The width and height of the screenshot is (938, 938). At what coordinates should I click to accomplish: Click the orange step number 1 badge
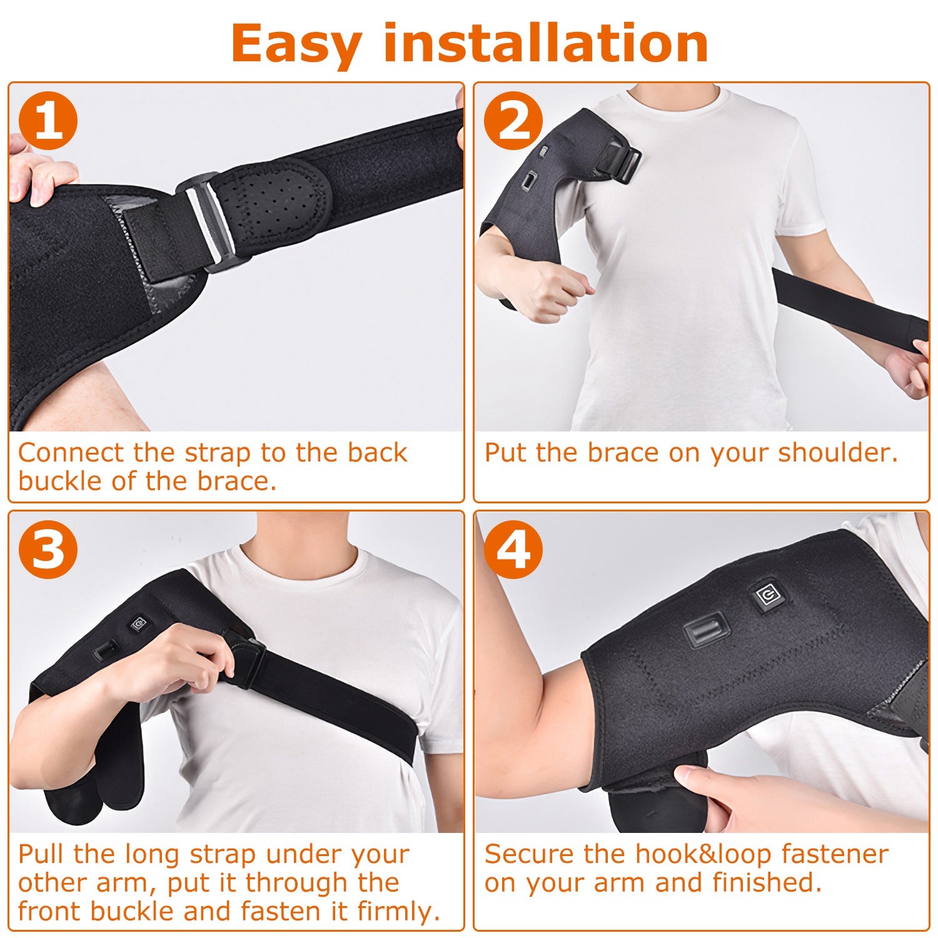(48, 120)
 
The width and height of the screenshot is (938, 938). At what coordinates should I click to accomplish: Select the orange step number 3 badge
(48, 549)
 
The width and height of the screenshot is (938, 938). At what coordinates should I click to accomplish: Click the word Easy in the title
(296, 44)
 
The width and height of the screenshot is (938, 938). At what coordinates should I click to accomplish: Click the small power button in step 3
(138, 623)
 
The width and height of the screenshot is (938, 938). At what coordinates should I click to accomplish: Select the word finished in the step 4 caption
(767, 883)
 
